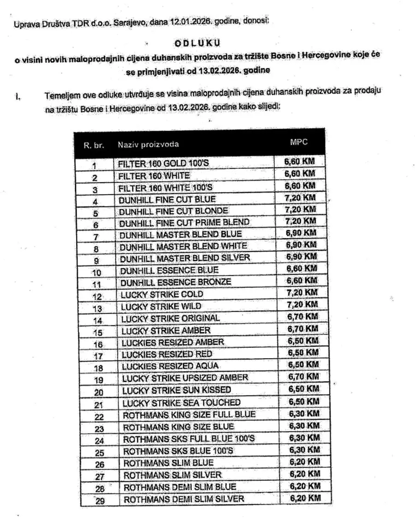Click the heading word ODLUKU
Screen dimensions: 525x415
[197, 42]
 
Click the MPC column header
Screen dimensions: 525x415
[298, 142]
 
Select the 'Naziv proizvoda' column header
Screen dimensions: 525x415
[148, 144]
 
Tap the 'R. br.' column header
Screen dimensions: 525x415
[94, 145]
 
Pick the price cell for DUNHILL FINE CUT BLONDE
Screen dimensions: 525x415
[301, 209]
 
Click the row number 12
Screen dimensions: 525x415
[97, 295]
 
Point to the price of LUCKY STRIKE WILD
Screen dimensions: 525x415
[302, 304]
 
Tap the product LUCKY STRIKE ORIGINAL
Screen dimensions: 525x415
[171, 318]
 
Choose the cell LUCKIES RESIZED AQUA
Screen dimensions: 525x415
[170, 366]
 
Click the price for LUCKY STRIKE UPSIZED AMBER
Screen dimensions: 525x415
[303, 377]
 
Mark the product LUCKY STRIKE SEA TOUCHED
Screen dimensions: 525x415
[181, 402]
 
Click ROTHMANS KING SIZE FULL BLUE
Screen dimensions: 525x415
[189, 414]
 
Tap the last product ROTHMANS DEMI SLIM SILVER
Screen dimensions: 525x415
[184, 499]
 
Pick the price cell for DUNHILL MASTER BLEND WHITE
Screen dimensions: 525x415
[302, 245]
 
